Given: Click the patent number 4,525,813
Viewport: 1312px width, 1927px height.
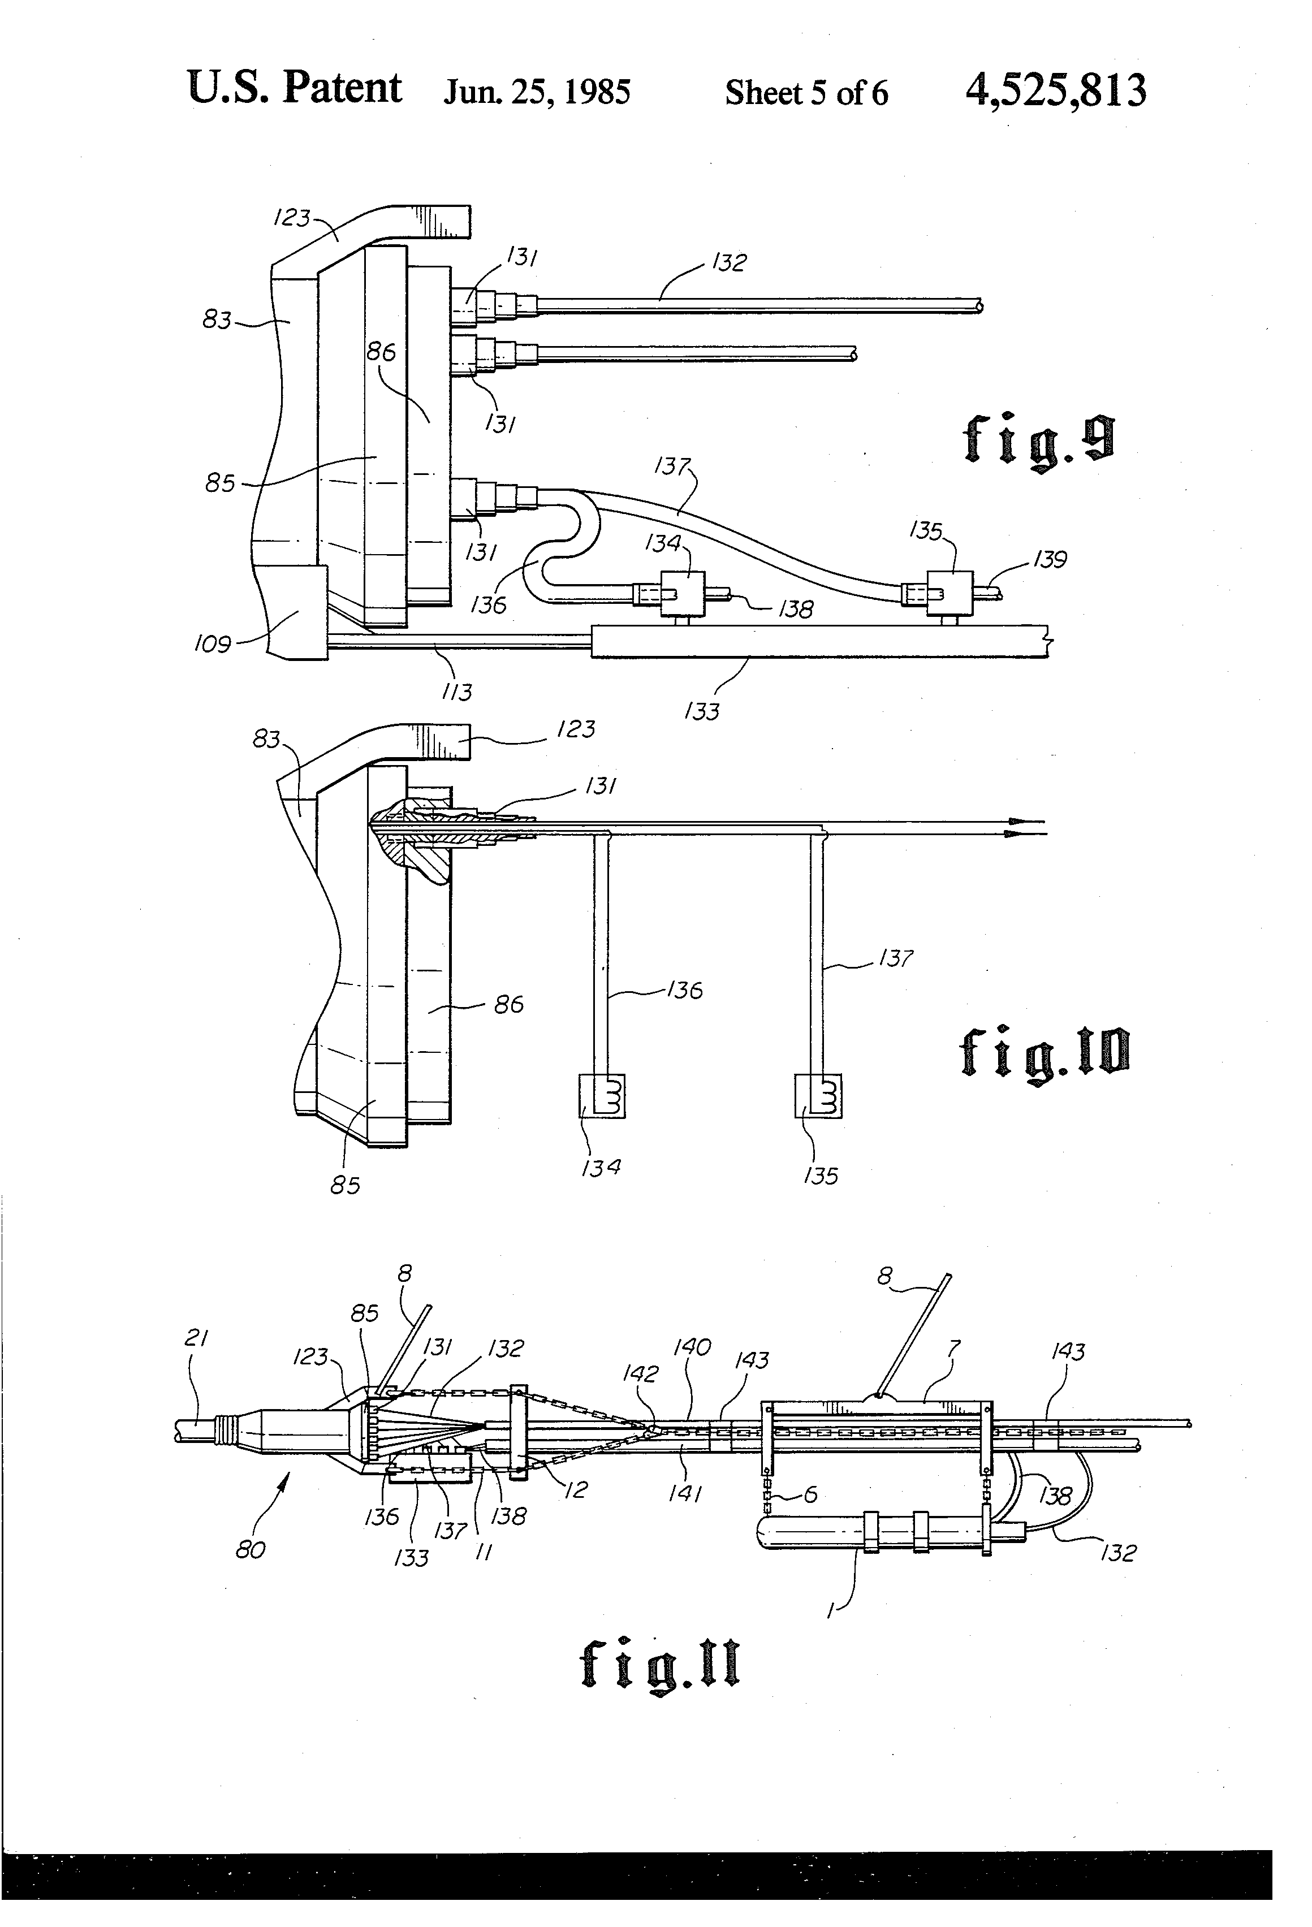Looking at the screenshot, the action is click(1056, 90).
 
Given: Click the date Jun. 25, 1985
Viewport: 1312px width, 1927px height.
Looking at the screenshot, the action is click(537, 92).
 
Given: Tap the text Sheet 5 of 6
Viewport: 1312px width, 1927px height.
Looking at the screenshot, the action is click(806, 93).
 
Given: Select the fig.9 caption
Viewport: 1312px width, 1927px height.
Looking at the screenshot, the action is click(1038, 440).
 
